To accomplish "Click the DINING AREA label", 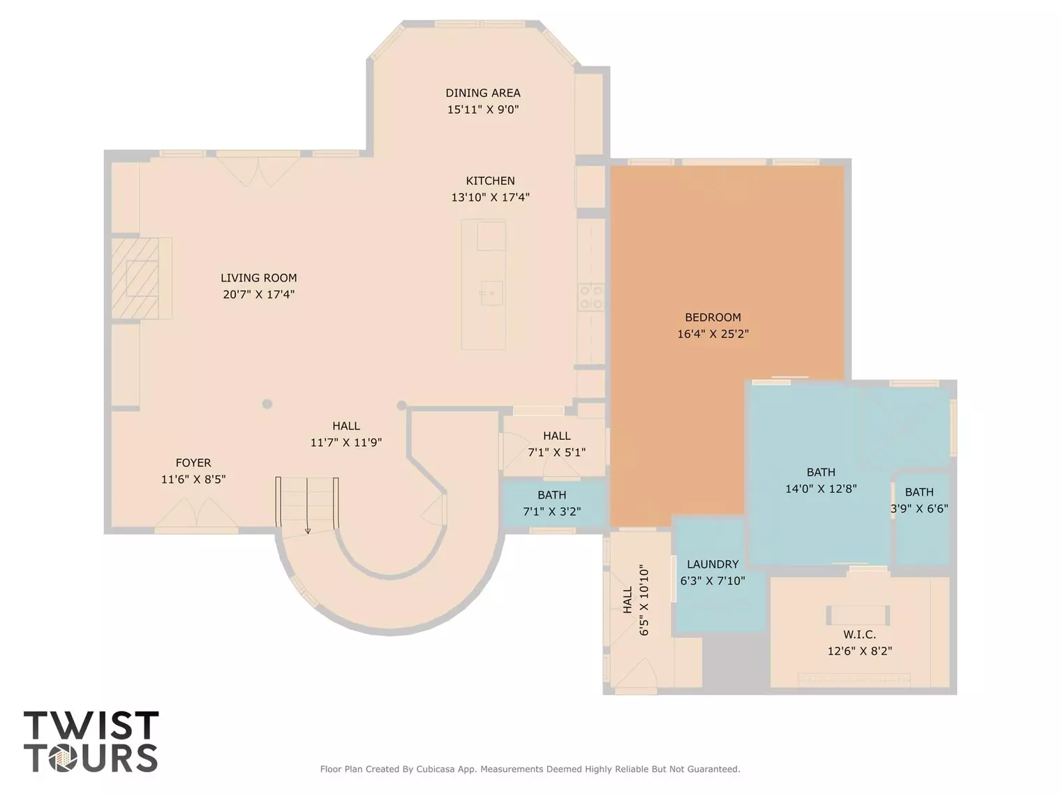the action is pos(483,93).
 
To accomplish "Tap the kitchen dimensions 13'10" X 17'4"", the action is pos(490,197).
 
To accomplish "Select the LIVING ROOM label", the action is pos(258,278).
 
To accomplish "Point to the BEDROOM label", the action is pos(713,318).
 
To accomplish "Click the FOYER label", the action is pos(193,463).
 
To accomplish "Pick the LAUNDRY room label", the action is pos(713,564).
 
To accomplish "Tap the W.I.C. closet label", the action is pos(859,634).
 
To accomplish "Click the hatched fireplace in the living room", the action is pos(135,278).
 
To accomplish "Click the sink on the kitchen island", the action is pos(491,293).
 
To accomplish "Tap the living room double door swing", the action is pos(258,172).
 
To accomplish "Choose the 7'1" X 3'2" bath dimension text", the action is pos(552,511).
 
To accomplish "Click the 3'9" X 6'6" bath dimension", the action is pos(919,508).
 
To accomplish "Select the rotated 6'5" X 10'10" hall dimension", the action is pos(644,600).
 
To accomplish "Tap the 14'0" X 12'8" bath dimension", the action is pos(821,489).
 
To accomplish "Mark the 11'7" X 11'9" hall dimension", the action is pos(346,442).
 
